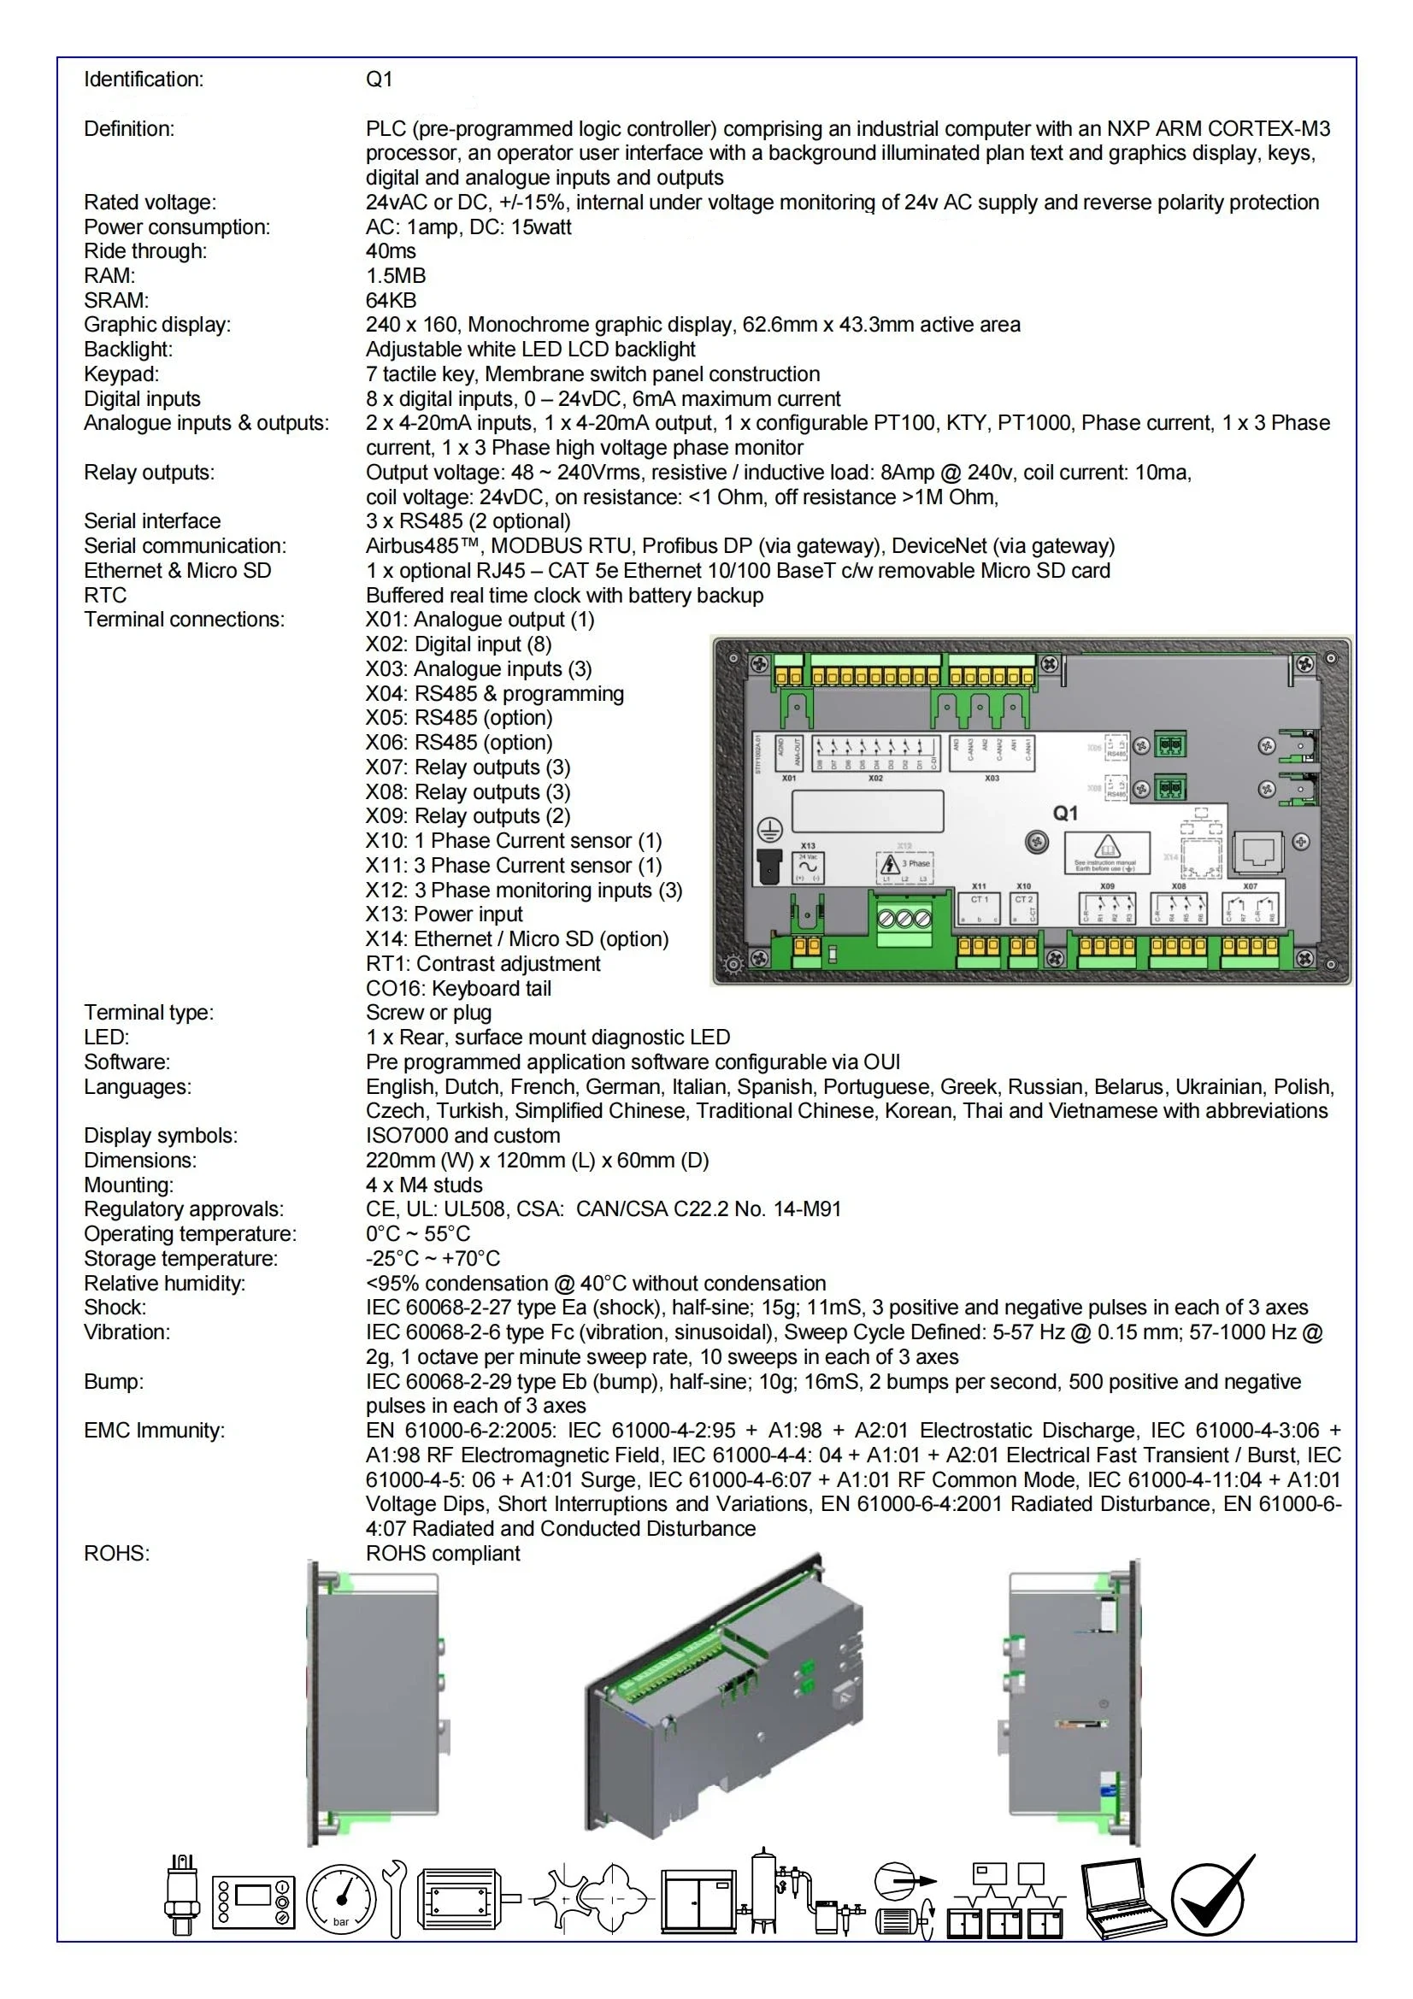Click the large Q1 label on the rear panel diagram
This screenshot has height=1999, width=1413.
[1065, 813]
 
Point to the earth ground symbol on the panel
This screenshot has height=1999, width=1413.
[769, 830]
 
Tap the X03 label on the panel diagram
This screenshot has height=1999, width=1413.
[992, 779]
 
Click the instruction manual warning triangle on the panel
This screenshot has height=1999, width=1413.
[1105, 847]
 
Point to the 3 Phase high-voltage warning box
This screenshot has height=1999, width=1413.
[904, 867]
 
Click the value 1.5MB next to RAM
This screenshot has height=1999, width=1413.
[395, 276]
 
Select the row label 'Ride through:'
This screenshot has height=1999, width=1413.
[145, 251]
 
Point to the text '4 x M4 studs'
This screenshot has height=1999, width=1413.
[424, 1185]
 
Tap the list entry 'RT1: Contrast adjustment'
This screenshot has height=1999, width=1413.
[482, 964]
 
